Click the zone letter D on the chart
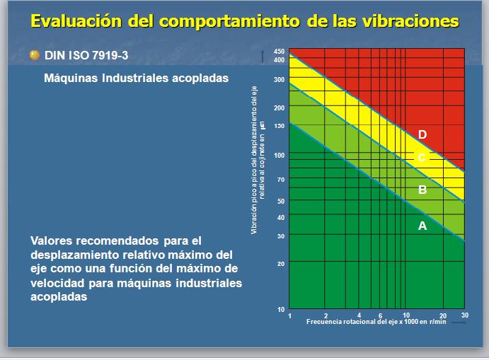pyautogui.click(x=422, y=134)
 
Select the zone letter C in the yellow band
pyautogui.click(x=422, y=158)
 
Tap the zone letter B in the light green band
pyautogui.click(x=422, y=190)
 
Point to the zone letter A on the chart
pyautogui.click(x=422, y=226)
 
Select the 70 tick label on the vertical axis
pyautogui.click(x=280, y=180)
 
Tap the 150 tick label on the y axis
pyautogui.click(x=279, y=126)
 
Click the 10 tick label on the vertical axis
pyautogui.click(x=280, y=310)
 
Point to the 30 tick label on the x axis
pyautogui.click(x=464, y=315)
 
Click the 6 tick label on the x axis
pyautogui.click(x=380, y=315)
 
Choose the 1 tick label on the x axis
pyautogui.click(x=290, y=315)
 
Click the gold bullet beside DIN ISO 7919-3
pyautogui.click(x=34, y=54)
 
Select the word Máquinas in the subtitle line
pyautogui.click(x=71, y=79)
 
